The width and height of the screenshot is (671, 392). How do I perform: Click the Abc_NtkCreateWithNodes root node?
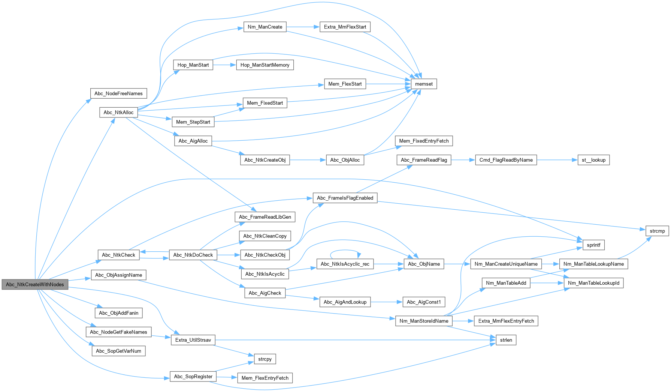35,284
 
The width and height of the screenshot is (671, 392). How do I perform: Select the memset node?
424,84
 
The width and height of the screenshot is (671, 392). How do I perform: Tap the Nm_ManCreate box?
265,27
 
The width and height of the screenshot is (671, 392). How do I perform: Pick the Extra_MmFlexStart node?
345,27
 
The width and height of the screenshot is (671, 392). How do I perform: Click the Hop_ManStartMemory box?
265,65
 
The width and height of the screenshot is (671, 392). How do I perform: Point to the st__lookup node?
593,160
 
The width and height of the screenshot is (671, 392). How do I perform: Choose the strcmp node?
657,231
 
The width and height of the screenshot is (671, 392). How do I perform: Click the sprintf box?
593,245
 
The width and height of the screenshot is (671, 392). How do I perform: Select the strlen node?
506,340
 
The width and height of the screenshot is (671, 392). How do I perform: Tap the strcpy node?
265,359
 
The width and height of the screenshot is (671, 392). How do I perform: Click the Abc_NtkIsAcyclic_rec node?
345,264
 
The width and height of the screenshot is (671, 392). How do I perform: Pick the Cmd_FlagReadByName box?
506,160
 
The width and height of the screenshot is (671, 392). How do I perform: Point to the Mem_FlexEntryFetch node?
265,378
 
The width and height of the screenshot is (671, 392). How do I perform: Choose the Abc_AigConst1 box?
424,302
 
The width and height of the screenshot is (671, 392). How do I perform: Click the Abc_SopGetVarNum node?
118,351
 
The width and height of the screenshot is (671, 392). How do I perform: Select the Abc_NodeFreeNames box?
118,93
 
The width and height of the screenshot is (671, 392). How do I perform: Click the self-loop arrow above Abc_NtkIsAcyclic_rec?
345,250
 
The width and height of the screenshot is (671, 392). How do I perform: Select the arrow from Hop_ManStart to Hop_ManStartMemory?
224,65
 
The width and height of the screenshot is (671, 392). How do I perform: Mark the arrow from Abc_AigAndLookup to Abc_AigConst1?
386,302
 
